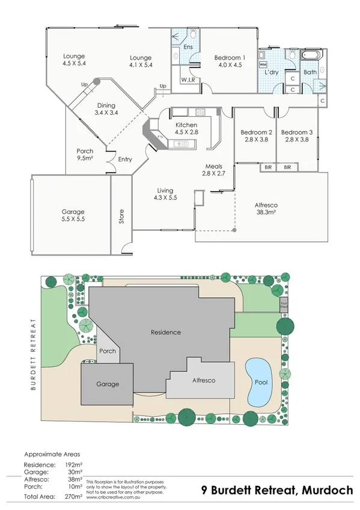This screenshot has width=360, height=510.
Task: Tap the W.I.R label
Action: point(188,79)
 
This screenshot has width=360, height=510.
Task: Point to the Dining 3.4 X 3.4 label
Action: point(106,108)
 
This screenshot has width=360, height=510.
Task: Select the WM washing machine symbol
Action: point(263,64)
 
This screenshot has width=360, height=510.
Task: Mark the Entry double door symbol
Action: point(110,159)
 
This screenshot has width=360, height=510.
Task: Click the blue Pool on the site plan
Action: point(259,381)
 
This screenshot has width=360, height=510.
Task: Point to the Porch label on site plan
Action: point(108,351)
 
